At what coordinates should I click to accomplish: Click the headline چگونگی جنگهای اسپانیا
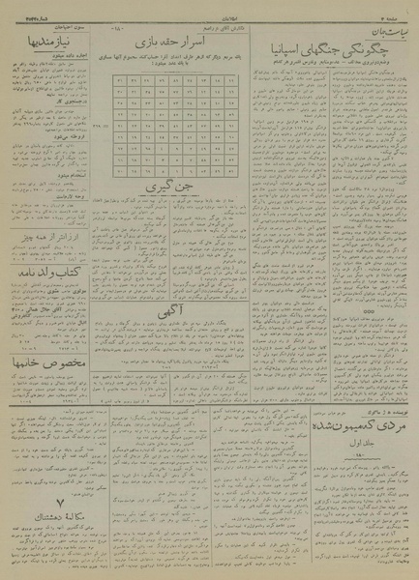329,50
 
